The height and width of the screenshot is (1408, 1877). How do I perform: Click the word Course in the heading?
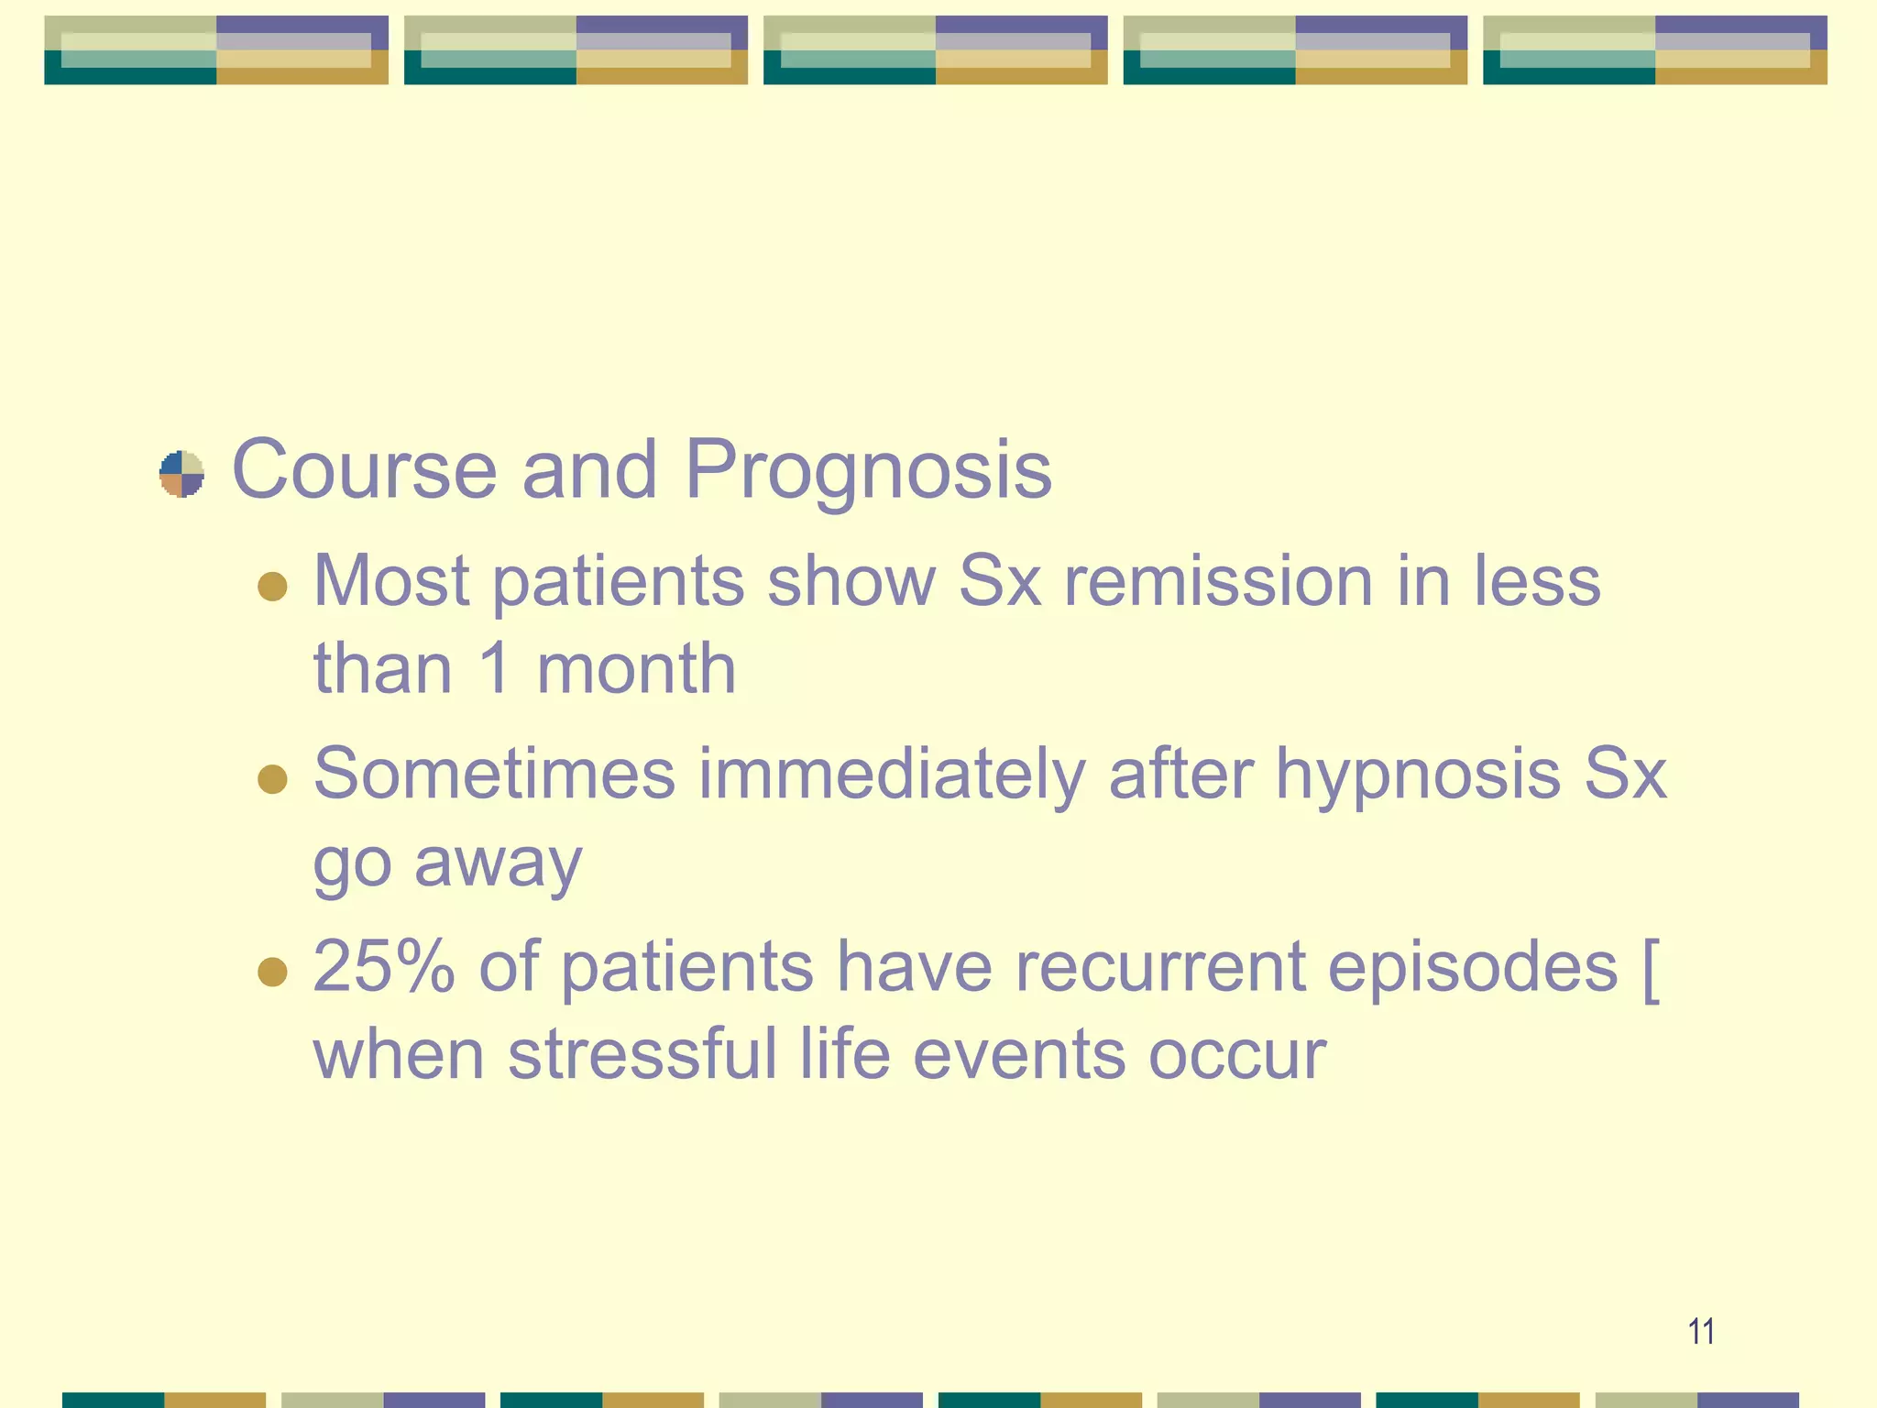[364, 470]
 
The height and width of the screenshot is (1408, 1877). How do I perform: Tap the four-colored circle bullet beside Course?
[181, 473]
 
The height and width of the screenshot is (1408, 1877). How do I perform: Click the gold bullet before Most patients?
[272, 586]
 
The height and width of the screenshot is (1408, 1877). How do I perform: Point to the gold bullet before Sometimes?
[272, 778]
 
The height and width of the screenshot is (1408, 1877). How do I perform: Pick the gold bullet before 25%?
[272, 971]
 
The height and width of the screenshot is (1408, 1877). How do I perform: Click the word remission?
[1218, 581]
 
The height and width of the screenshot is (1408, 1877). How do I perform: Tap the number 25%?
[383, 966]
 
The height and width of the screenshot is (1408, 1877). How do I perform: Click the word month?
[636, 669]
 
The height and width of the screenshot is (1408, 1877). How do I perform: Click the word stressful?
[642, 1054]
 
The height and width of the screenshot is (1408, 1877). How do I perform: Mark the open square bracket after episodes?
[1650, 970]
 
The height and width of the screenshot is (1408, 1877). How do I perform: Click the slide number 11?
[1701, 1331]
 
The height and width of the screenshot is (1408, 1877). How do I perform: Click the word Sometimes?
[494, 775]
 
